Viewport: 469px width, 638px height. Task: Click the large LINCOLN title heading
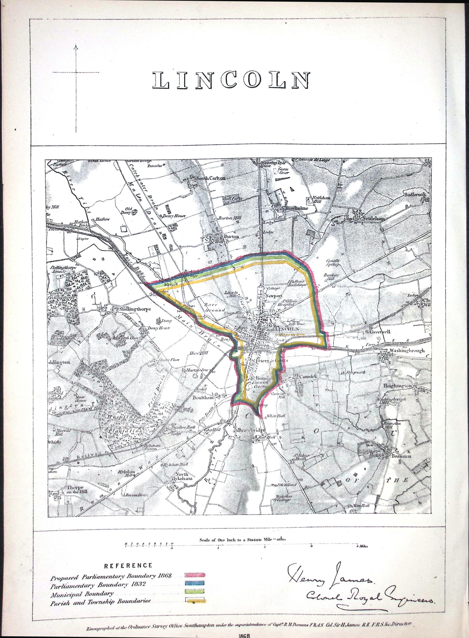(231, 80)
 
